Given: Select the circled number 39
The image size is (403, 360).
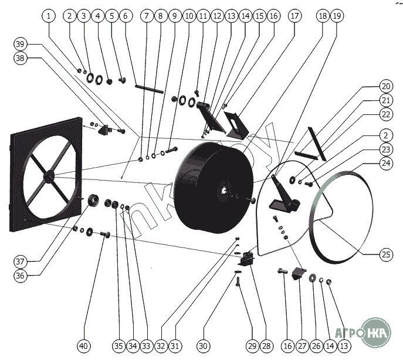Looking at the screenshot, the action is point(21,45).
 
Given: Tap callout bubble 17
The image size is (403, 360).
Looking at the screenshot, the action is point(294,16).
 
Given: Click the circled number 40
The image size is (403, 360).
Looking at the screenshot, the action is point(85,345).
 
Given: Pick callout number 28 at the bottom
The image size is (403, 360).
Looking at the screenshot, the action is point(266,345).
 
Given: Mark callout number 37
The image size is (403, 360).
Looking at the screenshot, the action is point(21,261).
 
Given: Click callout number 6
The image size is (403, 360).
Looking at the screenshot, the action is point(125,16).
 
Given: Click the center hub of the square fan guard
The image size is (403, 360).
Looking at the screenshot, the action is point(48,175).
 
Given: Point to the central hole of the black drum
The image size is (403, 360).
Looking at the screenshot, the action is point(225,190).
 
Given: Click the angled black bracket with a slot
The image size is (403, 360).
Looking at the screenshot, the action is point(236,125).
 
